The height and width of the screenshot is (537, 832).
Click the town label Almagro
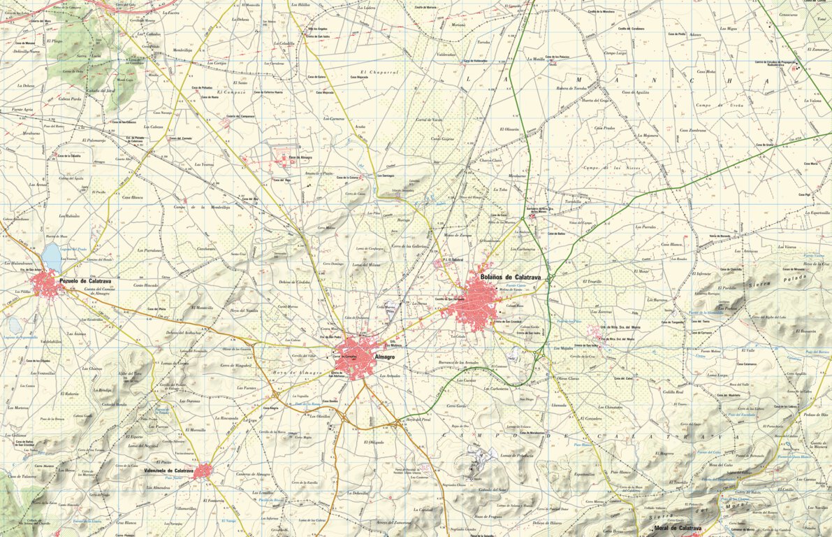coord(385,357)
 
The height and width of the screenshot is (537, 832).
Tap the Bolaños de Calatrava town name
coord(511,278)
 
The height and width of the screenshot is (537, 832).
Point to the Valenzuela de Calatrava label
coord(168,471)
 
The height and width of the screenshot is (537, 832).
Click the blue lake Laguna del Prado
coord(52,257)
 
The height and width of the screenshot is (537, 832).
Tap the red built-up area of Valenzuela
coord(203,472)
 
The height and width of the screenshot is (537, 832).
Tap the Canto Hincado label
coord(147,285)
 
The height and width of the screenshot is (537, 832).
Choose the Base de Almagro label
coord(300,157)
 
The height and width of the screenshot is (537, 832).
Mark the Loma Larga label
coord(717,375)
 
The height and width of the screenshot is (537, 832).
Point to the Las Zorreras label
coord(601,312)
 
